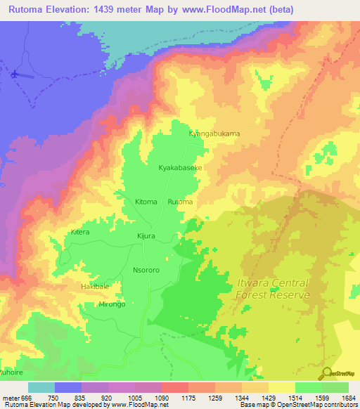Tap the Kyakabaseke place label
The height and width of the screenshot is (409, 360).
point(180,169)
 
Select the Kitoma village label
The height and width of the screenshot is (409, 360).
point(146,202)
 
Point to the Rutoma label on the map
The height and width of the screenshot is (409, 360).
point(180,202)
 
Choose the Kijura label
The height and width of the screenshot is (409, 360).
point(146,238)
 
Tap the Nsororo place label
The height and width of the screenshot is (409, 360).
point(148,268)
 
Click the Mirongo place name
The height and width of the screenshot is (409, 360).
point(111,304)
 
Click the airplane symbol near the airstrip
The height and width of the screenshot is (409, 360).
point(15,72)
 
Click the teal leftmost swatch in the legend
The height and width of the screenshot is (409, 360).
point(41,387)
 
